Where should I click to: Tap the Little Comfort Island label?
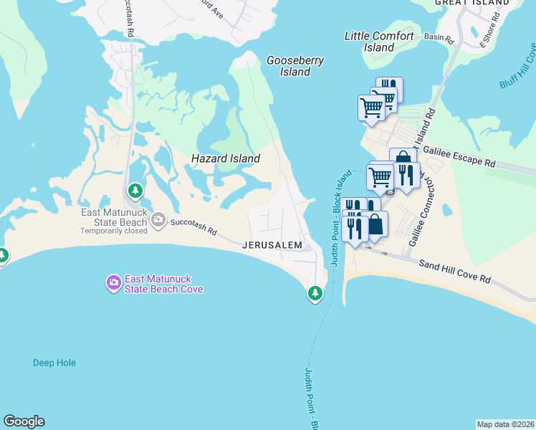tap(379, 42)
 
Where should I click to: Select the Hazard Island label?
tap(225, 158)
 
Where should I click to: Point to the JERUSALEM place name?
tap(272, 245)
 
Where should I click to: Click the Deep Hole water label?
tap(54, 363)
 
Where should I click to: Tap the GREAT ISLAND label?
tap(472, 3)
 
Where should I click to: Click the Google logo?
tap(24, 421)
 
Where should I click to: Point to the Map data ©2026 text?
tap(504, 424)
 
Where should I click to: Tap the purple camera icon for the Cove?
tap(113, 283)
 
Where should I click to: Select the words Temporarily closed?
tap(113, 231)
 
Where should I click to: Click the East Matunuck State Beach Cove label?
tap(163, 284)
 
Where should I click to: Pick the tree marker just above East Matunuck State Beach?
tap(135, 191)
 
